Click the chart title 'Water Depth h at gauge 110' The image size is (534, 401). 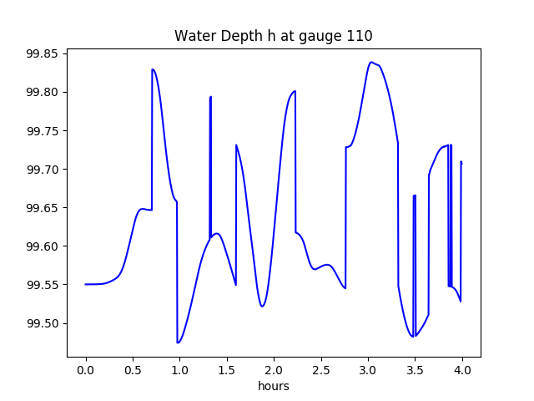273,36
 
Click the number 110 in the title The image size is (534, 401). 360,36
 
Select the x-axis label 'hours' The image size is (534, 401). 273,386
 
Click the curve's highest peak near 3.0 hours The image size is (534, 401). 371,62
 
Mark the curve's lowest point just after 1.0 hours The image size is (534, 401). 178,343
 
